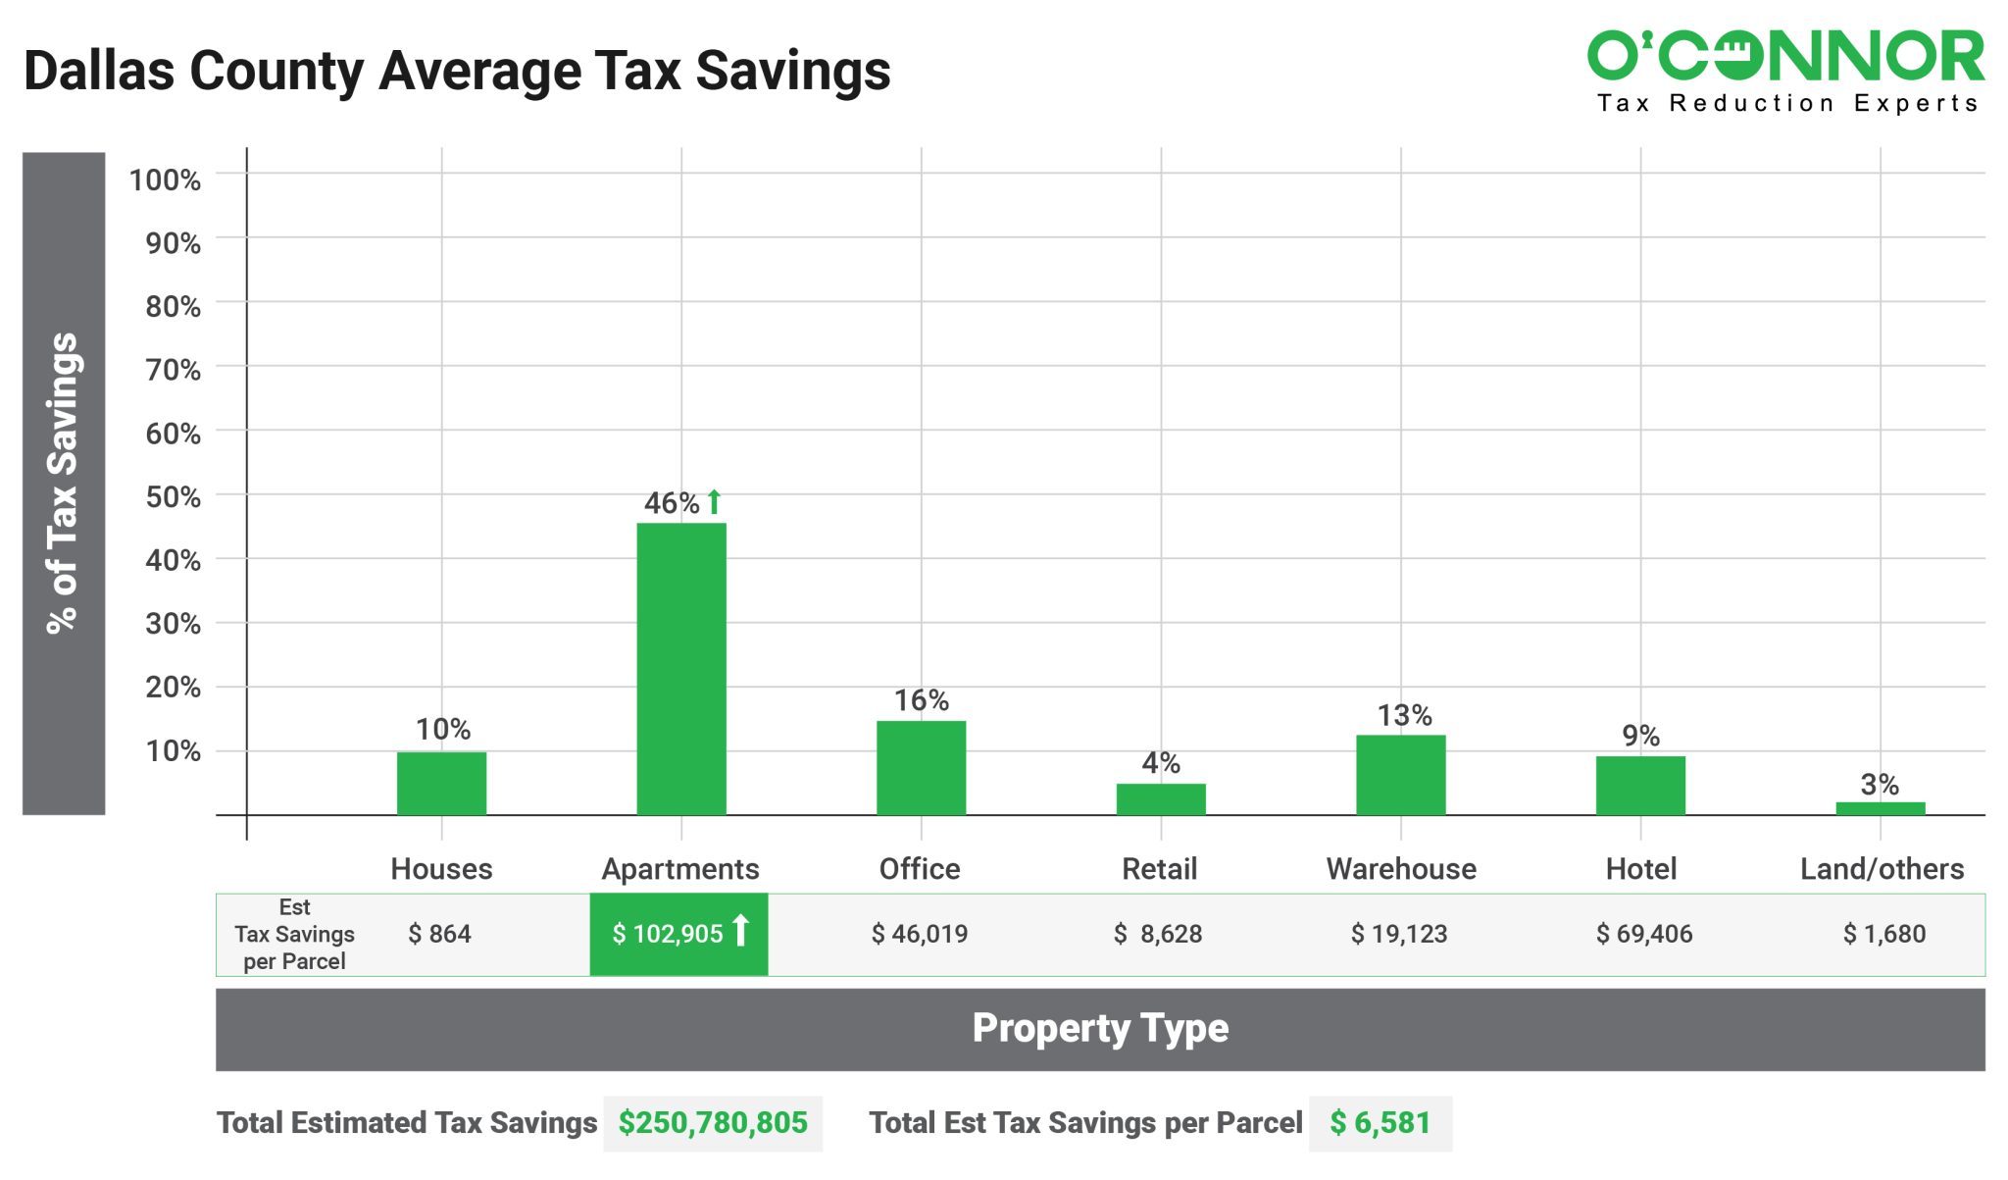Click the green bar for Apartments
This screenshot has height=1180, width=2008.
click(681, 668)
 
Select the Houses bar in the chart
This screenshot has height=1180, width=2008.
click(441, 783)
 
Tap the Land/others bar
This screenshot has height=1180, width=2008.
click(1880, 808)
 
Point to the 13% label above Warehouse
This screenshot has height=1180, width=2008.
click(1404, 716)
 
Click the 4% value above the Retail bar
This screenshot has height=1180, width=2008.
click(1161, 763)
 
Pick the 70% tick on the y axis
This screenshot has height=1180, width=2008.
click(174, 370)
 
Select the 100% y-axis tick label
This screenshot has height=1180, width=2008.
click(165, 180)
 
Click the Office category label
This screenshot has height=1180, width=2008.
click(920, 869)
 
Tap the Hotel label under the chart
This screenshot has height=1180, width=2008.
click(1640, 869)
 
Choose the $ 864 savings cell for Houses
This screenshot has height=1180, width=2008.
click(439, 934)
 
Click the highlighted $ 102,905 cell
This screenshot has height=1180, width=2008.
click(678, 934)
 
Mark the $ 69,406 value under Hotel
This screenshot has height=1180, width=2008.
click(1643, 934)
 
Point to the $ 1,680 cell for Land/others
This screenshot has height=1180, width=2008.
click(1883, 934)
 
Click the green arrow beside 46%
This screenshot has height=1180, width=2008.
click(715, 501)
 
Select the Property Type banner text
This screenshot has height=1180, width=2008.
click(1100, 1028)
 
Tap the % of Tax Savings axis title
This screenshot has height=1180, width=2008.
click(63, 483)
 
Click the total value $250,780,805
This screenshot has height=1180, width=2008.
click(713, 1123)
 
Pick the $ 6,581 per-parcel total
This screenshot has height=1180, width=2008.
click(1380, 1123)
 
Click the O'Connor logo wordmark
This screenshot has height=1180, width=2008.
click(1785, 56)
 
